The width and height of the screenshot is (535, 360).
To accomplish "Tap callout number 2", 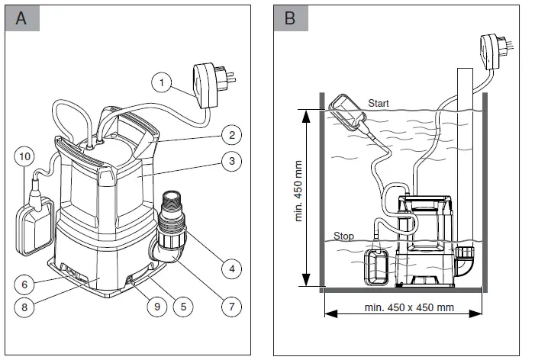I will click(x=227, y=134).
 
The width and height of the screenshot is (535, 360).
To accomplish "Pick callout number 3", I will click(x=227, y=162).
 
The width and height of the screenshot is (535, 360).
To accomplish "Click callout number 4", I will click(x=227, y=268).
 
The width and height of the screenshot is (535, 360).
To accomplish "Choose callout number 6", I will click(x=25, y=284).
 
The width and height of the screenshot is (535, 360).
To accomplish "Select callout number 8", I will click(x=25, y=309).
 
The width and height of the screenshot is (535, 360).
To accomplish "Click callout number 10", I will click(x=25, y=157).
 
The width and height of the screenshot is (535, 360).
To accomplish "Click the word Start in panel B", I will click(x=379, y=103).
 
